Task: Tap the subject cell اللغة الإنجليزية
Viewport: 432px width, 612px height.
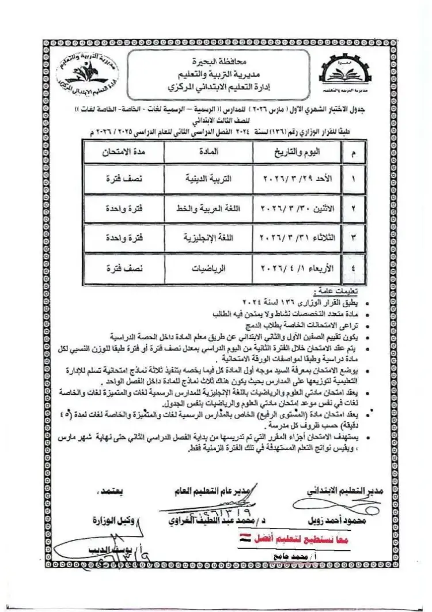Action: (x=209, y=237)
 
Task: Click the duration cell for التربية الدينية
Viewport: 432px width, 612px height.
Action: (x=122, y=179)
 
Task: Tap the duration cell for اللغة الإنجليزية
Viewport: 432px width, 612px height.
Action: (x=122, y=237)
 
